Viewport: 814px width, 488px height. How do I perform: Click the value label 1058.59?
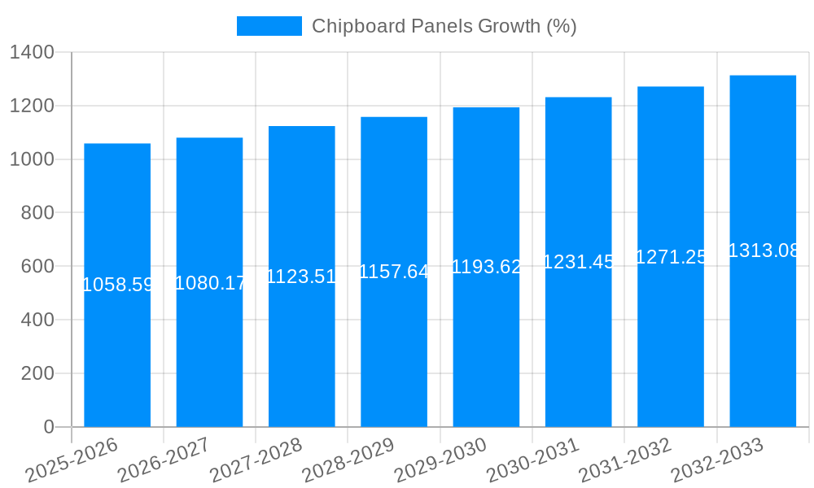point(118,285)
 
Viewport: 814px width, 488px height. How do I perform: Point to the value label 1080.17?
point(210,283)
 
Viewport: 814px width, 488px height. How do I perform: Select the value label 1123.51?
point(302,277)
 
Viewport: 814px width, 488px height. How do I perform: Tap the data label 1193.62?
point(486,267)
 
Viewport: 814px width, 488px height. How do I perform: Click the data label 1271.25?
point(671,257)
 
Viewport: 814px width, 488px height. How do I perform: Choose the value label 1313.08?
point(764,251)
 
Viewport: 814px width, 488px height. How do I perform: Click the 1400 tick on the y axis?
point(32,53)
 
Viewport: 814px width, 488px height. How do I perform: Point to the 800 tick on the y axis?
point(37,213)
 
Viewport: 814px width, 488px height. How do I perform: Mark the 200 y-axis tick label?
point(37,373)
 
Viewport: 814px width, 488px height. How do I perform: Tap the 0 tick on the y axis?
point(49,427)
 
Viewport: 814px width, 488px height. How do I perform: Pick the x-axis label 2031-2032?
point(625,460)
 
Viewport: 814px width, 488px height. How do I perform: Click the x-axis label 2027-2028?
point(256,460)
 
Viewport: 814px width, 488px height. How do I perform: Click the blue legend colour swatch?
point(269,26)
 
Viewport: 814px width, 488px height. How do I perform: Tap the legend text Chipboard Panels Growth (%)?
point(444,26)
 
